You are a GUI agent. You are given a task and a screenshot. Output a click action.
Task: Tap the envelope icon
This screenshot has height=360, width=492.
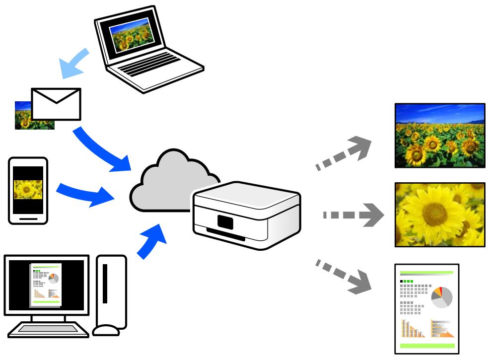point(56,104)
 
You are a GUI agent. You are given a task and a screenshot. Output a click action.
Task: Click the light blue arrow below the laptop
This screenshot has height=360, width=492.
point(73,63)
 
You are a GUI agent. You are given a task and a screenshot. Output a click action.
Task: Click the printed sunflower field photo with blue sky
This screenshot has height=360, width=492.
point(439,135)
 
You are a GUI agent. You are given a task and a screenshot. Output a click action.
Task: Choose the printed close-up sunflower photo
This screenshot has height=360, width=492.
point(439,214)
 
